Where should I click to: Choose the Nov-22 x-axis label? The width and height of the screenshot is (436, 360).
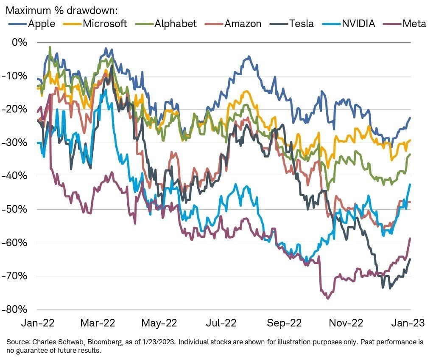pyautogui.click(x=347, y=323)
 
